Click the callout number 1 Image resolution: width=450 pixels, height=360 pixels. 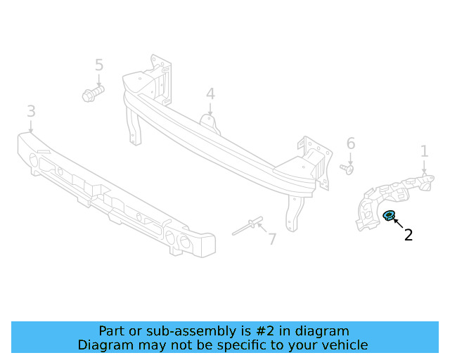pyautogui.click(x=424, y=150)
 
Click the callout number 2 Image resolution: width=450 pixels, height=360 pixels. pyautogui.click(x=408, y=235)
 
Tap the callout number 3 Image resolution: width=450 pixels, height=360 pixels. pyautogui.click(x=31, y=111)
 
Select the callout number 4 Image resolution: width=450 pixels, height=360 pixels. pyautogui.click(x=210, y=94)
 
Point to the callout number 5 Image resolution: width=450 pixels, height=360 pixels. pyautogui.click(x=99, y=65)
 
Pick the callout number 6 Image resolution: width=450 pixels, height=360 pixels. pyautogui.click(x=351, y=144)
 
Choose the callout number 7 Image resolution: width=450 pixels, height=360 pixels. pyautogui.click(x=271, y=239)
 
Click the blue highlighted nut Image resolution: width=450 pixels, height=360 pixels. pyautogui.click(x=388, y=216)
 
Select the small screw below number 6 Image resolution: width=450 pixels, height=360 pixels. pyautogui.click(x=347, y=168)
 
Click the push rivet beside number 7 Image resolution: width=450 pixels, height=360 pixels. pyautogui.click(x=247, y=226)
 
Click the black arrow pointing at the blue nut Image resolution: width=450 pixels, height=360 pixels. pyautogui.click(x=398, y=224)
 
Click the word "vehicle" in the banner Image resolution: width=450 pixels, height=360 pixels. pyautogui.click(x=344, y=345)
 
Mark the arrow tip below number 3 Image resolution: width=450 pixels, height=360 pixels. pyautogui.click(x=32, y=131)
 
